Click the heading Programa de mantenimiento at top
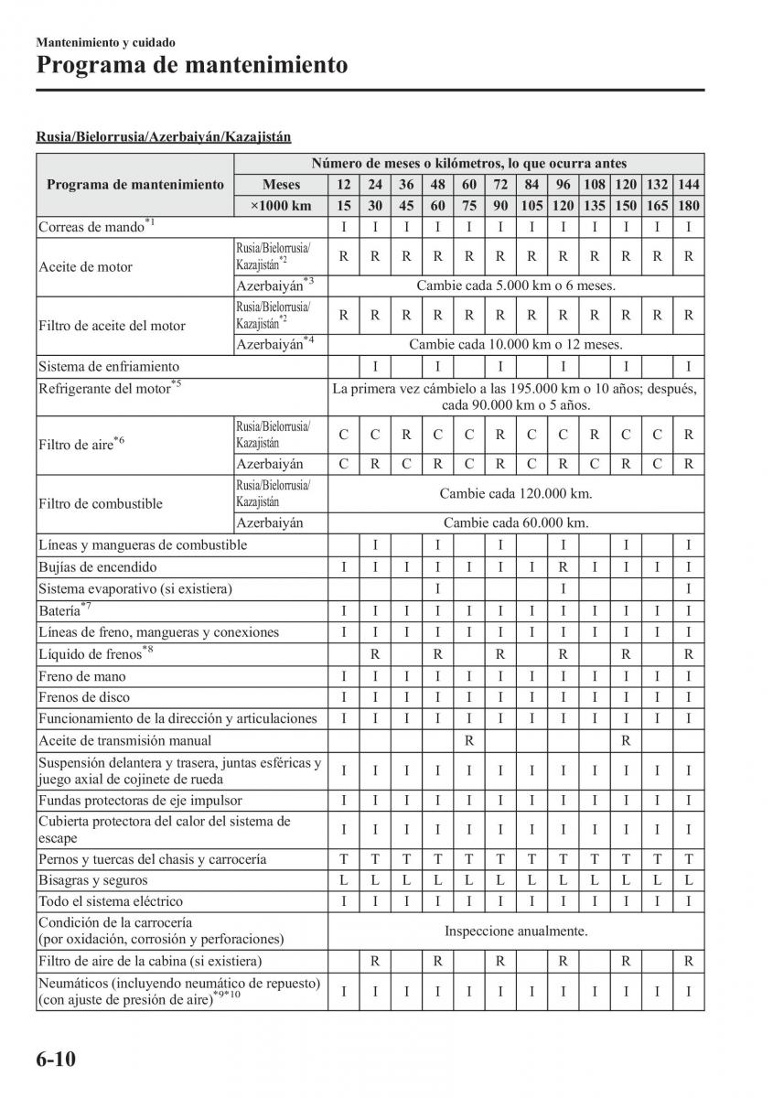click(192, 66)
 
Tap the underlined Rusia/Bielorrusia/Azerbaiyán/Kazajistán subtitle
click(164, 137)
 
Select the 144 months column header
click(689, 185)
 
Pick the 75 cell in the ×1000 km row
click(469, 207)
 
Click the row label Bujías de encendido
click(98, 567)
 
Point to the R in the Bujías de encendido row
click(564, 567)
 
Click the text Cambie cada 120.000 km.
click(516, 494)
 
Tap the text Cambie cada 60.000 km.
click(516, 523)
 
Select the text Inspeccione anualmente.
click(516, 931)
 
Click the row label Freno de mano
click(82, 677)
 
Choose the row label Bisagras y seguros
click(92, 880)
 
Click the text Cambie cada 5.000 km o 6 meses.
click(516, 285)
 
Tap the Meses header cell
click(281, 185)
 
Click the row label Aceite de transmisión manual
click(124, 740)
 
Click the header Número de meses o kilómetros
click(468, 164)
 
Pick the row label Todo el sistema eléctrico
click(111, 902)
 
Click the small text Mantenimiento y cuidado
click(105, 42)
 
